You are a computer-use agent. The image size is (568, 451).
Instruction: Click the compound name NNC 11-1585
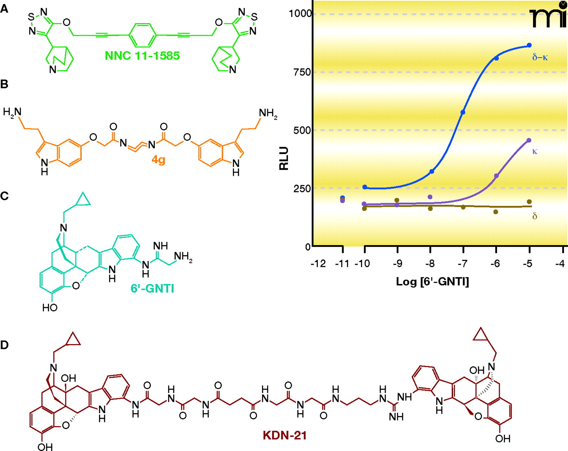click(142, 56)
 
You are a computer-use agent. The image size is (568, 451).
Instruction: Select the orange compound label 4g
click(158, 159)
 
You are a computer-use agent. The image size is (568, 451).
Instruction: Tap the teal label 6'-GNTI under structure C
click(152, 289)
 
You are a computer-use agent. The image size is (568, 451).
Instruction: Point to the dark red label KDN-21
click(284, 435)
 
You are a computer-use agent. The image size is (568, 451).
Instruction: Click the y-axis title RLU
click(284, 158)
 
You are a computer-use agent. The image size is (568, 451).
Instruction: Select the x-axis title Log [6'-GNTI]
click(432, 281)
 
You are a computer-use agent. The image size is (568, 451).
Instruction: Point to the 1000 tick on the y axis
click(300, 14)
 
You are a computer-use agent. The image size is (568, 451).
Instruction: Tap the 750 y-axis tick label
click(302, 72)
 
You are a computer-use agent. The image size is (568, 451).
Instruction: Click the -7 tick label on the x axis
click(462, 264)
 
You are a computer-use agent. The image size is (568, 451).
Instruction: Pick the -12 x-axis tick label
click(318, 264)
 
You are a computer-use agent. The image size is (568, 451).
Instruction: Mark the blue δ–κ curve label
click(540, 57)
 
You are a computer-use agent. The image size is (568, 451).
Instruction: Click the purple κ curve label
click(535, 151)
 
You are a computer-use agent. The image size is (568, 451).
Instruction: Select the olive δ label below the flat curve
click(535, 216)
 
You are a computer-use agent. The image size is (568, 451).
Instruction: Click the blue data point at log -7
click(463, 112)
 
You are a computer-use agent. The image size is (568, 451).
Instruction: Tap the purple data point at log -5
click(529, 140)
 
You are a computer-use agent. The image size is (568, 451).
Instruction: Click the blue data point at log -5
click(529, 45)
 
